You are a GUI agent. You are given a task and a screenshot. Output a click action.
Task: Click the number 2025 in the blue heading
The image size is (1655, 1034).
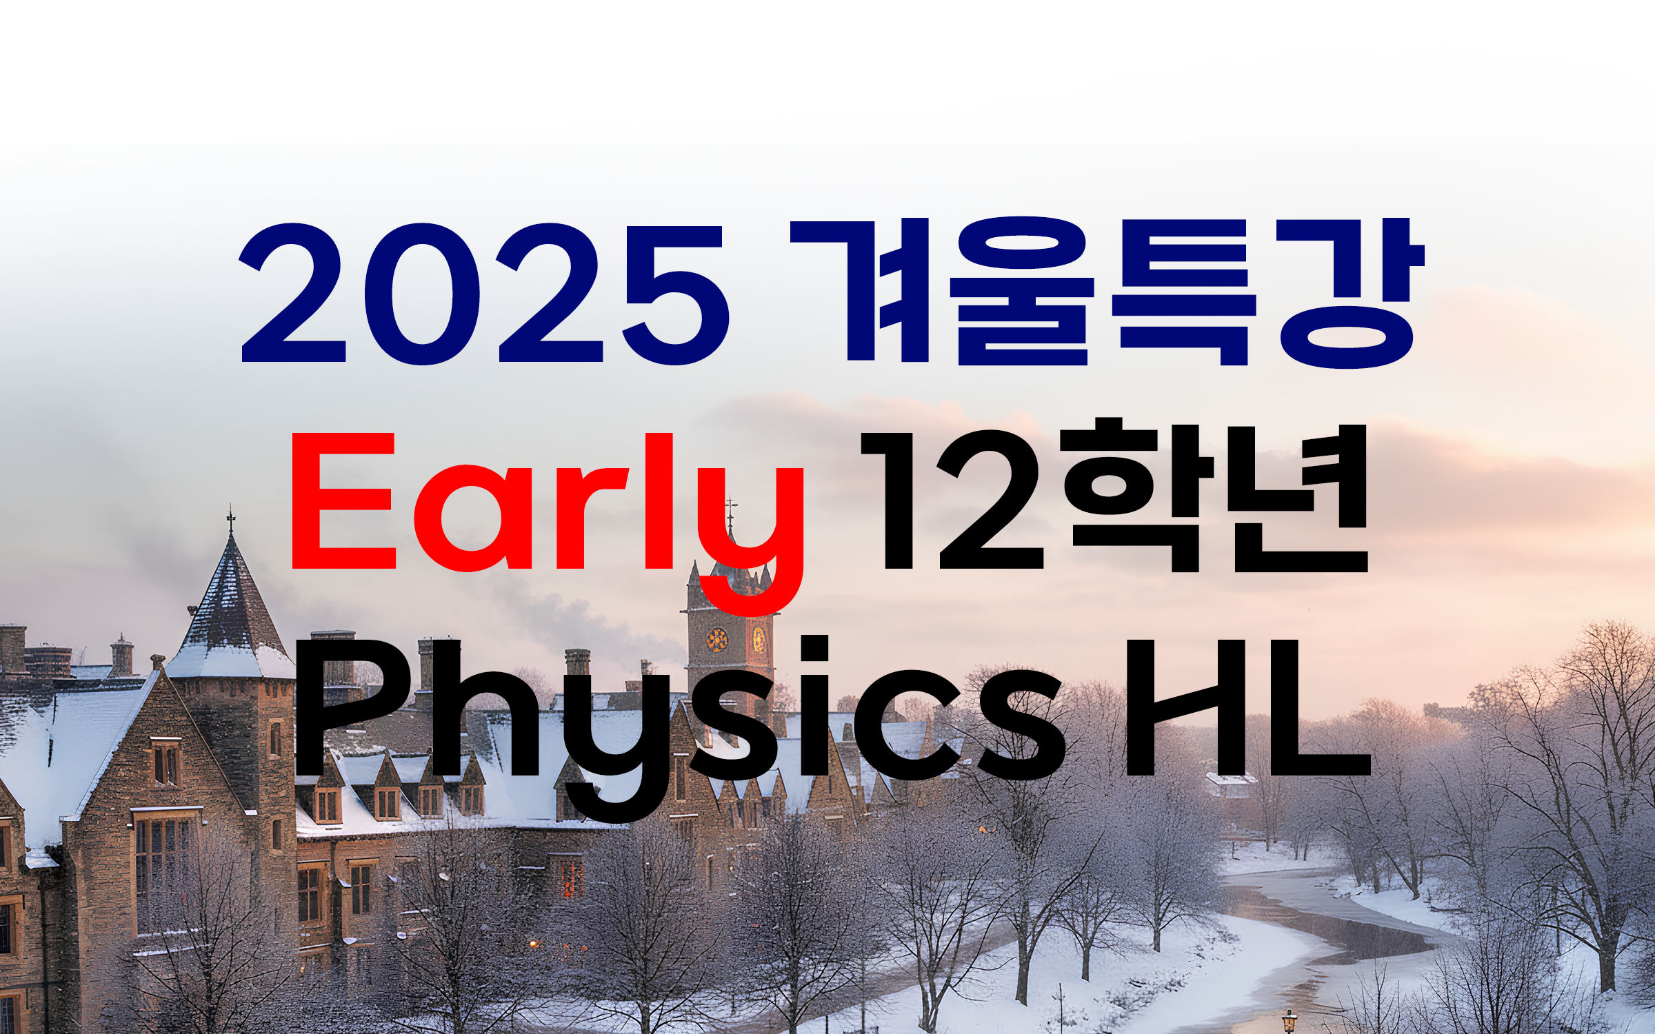coord(484,294)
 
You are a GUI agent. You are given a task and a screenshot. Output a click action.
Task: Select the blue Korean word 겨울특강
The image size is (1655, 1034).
coord(1107,292)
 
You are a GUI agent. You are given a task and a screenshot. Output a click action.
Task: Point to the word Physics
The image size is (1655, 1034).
coord(680,720)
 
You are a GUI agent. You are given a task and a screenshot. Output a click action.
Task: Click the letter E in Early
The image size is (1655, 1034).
coord(344,501)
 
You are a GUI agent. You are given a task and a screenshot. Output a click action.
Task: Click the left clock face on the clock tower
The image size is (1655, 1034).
coord(717,640)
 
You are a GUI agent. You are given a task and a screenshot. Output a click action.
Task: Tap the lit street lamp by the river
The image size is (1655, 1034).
coord(1289,1019)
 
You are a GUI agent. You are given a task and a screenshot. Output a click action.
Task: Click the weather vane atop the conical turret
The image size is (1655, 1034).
coord(231,520)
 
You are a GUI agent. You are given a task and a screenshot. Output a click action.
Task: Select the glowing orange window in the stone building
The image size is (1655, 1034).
coord(567,876)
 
